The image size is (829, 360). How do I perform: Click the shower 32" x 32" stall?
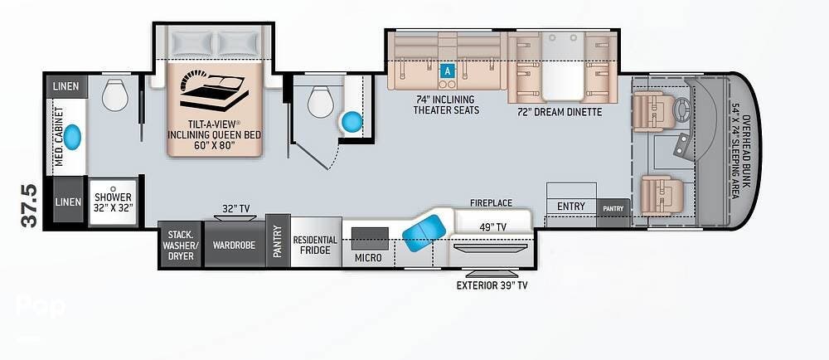click(x=113, y=202)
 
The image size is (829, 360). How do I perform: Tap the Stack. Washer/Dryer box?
click(x=181, y=244)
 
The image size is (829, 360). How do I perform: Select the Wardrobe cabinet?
click(x=235, y=244)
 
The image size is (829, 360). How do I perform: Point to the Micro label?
click(x=369, y=257)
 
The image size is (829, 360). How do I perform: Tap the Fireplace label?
click(x=491, y=203)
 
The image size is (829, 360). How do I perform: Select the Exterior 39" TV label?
click(x=492, y=286)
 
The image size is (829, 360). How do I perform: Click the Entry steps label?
click(x=571, y=207)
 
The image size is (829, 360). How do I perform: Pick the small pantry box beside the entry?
click(x=613, y=208)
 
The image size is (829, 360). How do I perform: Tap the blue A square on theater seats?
click(x=448, y=71)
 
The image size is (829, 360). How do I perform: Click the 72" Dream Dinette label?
click(x=560, y=112)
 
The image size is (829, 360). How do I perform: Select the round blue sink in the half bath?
click(x=351, y=122)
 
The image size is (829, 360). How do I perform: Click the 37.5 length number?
click(x=30, y=206)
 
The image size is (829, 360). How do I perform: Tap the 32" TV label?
click(x=235, y=209)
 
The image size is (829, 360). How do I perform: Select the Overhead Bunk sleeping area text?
click(x=739, y=157)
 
